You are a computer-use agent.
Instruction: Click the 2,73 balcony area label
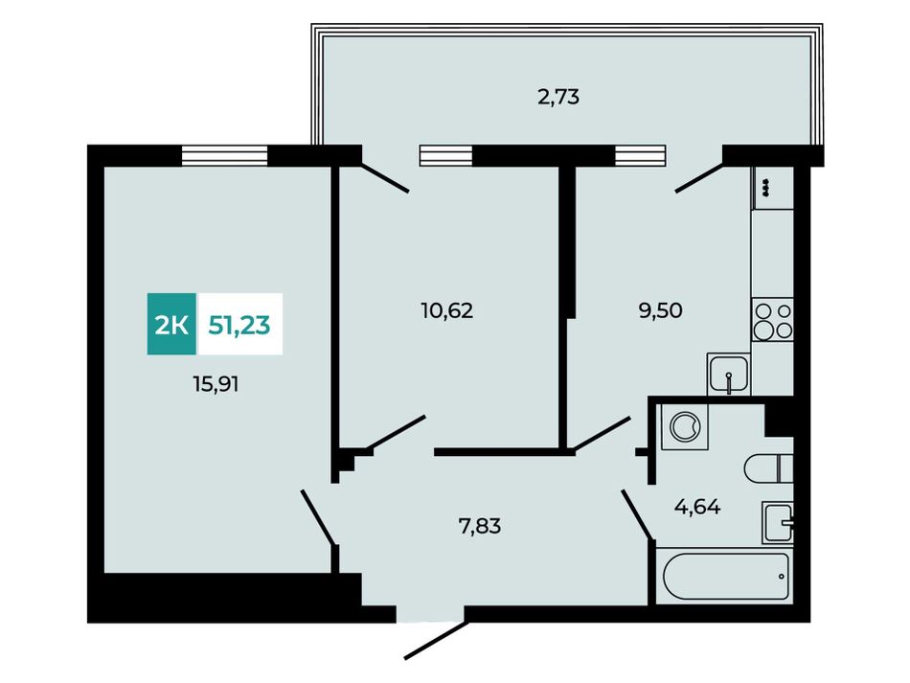558,97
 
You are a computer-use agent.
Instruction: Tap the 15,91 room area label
216,384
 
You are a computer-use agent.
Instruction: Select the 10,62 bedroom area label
447,311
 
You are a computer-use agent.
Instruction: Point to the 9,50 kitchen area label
660,311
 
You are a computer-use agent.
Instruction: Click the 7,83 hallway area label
480,526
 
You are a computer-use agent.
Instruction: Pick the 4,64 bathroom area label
697,508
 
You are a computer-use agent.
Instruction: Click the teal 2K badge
171,325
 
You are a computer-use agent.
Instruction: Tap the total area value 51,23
239,326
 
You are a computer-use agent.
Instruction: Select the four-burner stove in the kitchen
772,320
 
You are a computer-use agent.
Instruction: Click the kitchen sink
728,375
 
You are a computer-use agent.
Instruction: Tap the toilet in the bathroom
768,468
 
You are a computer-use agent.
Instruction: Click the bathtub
726,577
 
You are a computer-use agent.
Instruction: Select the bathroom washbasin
777,522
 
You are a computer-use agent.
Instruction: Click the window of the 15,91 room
224,155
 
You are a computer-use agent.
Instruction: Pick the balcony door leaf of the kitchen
698,177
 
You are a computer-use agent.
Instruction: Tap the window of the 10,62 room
445,155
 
